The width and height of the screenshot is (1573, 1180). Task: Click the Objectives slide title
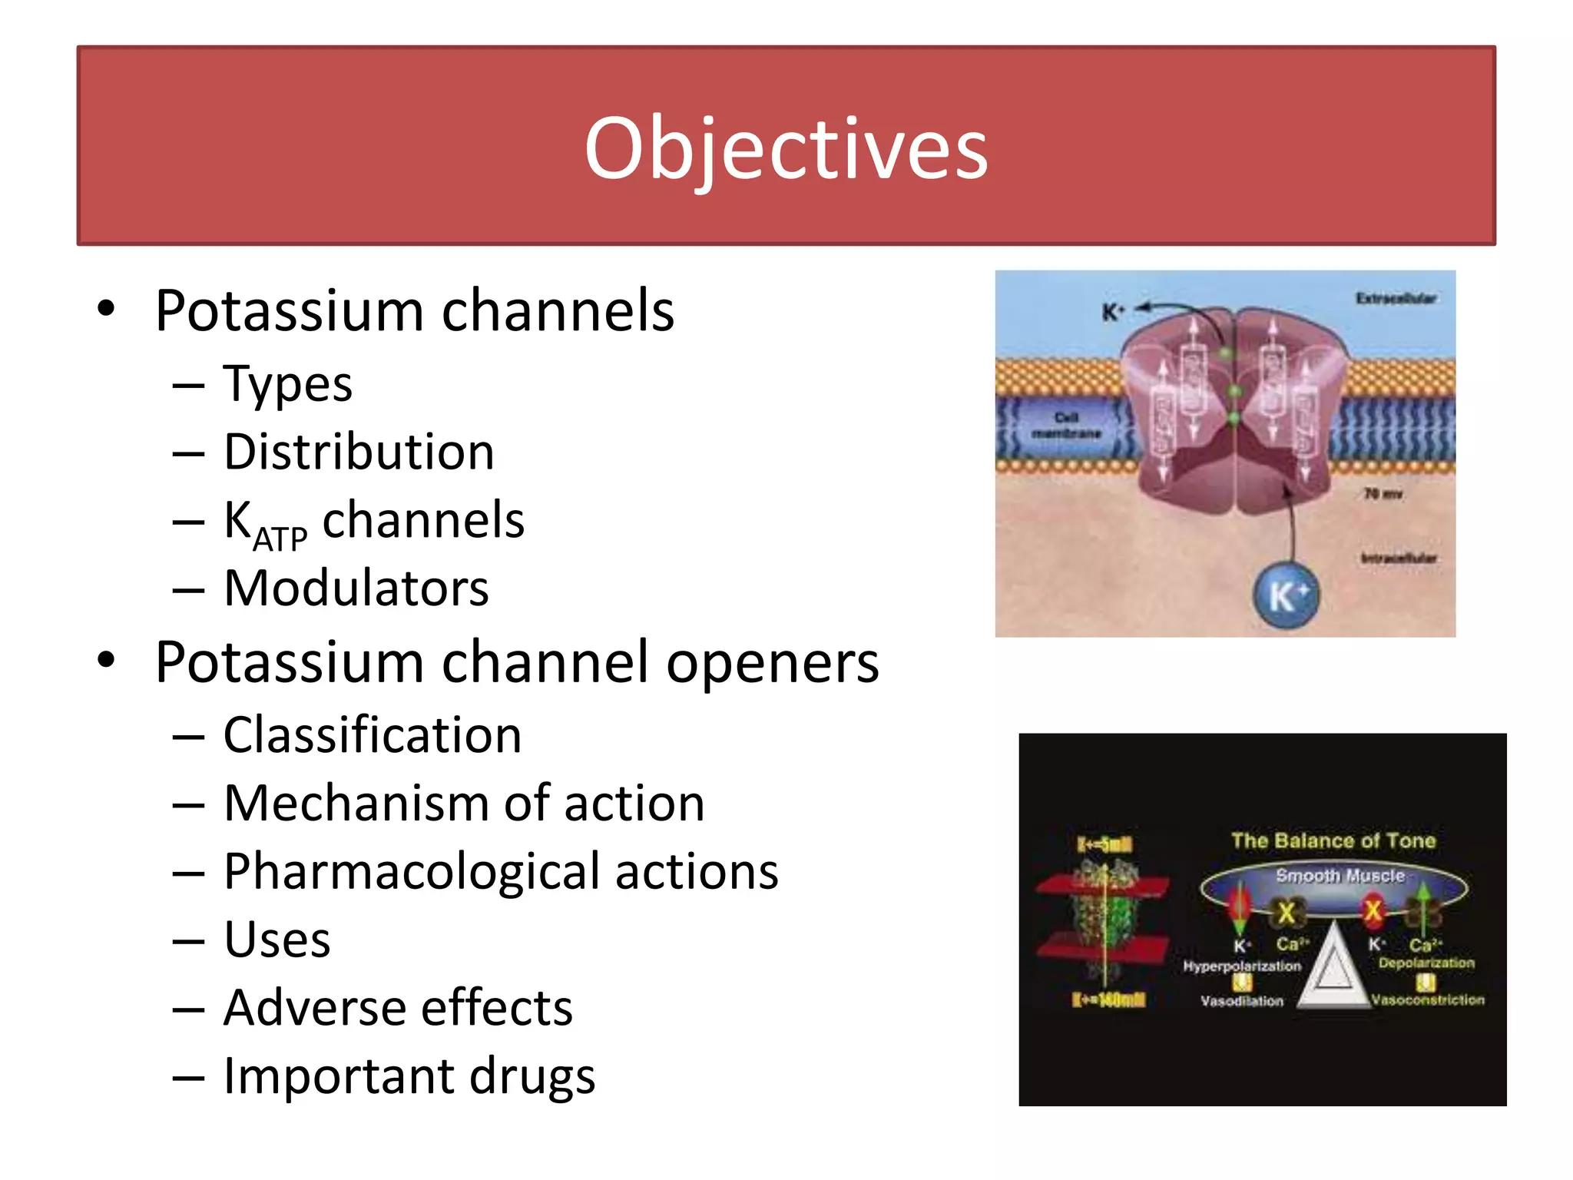[786, 147]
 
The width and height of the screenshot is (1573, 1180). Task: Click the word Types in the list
[287, 384]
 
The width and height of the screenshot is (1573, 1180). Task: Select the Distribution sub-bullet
[359, 452]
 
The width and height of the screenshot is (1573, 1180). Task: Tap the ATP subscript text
[280, 540]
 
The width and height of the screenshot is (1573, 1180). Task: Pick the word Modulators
[356, 588]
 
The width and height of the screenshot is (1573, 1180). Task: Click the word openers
[772, 662]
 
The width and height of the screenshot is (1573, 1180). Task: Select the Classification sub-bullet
[373, 735]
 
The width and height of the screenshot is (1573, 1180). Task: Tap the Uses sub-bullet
[277, 940]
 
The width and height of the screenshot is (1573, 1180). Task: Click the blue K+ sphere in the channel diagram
[1286, 596]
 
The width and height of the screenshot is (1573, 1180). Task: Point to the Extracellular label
[1395, 298]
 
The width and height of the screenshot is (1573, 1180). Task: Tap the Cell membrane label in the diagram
[1066, 426]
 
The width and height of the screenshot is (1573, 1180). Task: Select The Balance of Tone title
[1333, 840]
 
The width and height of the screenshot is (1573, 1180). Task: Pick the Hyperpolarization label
[1242, 966]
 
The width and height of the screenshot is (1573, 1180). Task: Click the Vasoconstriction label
[1428, 1000]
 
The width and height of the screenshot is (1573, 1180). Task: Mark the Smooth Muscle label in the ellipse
[1340, 876]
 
